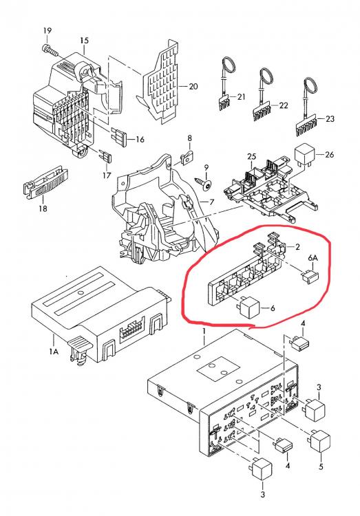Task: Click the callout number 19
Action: tap(47, 30)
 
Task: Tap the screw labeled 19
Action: tap(50, 50)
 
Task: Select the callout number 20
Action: tap(193, 86)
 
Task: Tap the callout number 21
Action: tap(242, 97)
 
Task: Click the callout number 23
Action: tap(330, 118)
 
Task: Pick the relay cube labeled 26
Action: tap(305, 154)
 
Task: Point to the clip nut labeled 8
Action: tap(187, 158)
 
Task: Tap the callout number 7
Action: tap(212, 202)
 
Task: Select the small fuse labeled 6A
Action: tap(310, 276)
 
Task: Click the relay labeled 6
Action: tap(248, 308)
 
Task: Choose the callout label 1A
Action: tap(54, 352)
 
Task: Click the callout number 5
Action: tap(321, 466)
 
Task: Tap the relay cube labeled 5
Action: tap(319, 440)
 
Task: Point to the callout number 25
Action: tap(251, 156)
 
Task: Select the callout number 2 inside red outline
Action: tap(297, 246)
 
